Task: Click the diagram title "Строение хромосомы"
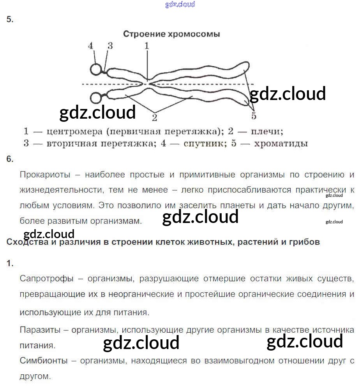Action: (171, 34)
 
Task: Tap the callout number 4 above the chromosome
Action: (91, 46)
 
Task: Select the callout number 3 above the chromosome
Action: (110, 46)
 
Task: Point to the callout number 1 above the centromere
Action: (147, 46)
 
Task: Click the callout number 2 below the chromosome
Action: (155, 117)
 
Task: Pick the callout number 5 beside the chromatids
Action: (254, 116)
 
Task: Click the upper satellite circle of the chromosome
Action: (96, 69)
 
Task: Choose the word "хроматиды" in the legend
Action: (281, 144)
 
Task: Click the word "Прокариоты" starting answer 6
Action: (45, 175)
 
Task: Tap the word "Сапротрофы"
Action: (46, 279)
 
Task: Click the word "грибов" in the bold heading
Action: (306, 242)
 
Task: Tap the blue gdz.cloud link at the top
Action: (180, 5)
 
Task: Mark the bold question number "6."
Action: (10, 159)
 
